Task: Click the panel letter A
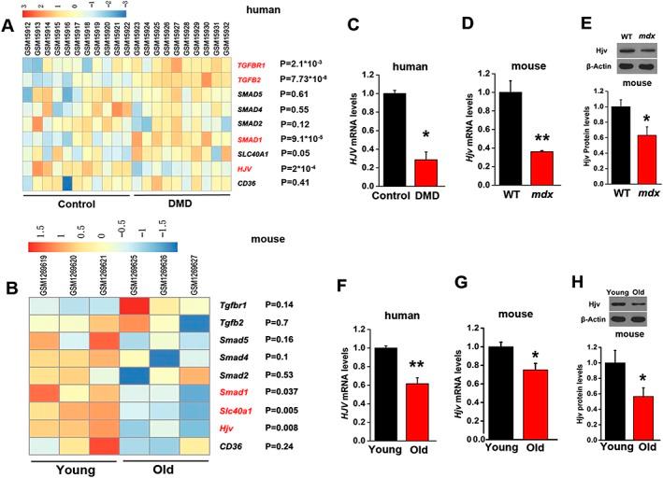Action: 7,26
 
